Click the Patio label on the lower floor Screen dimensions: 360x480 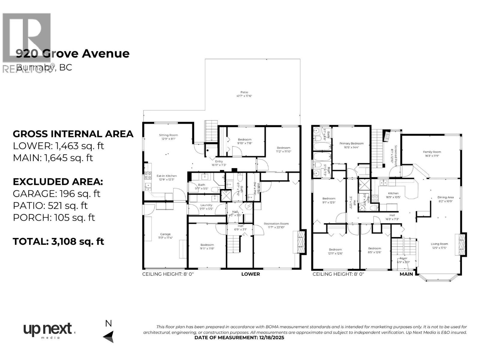(x=244, y=94)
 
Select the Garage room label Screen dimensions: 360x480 (x=165, y=236)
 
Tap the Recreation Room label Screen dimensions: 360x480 (x=276, y=225)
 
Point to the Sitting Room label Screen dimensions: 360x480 (x=168, y=137)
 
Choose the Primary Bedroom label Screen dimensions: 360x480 (x=351, y=145)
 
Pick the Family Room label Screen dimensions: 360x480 (x=432, y=154)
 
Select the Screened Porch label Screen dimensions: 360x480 (x=394, y=154)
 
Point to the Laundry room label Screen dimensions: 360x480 (x=206, y=207)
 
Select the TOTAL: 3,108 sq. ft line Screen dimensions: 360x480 (x=58, y=241)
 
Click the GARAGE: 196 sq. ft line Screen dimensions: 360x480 (x=56, y=193)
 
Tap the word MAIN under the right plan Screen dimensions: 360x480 (x=406, y=274)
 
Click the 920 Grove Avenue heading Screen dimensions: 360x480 (x=73, y=53)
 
